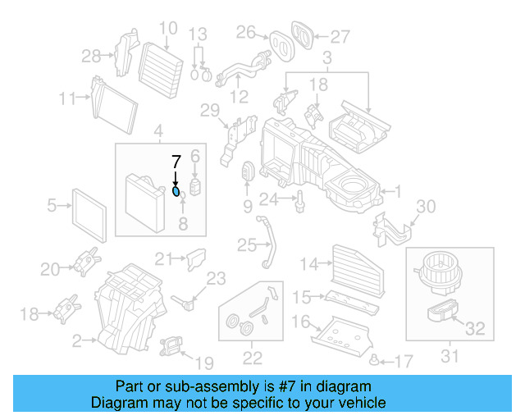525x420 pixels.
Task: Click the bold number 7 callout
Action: (x=175, y=161)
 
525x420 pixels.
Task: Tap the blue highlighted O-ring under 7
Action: (x=176, y=191)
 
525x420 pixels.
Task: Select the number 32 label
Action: (x=475, y=329)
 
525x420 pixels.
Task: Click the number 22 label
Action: (x=252, y=357)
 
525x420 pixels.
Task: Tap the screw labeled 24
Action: (x=302, y=199)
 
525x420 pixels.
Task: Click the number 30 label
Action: (x=427, y=206)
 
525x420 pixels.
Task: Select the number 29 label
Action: (x=210, y=111)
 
